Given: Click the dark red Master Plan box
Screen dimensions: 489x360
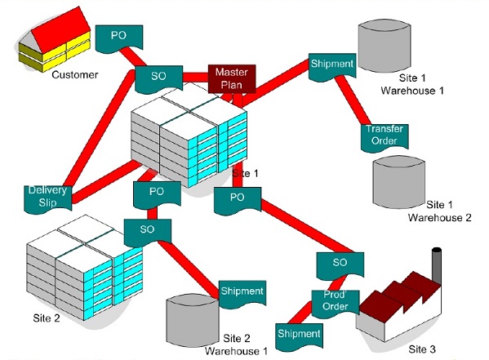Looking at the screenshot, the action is (232, 78).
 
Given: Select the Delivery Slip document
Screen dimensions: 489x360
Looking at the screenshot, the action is (48, 199).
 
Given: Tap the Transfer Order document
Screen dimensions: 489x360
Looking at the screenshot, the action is (385, 138).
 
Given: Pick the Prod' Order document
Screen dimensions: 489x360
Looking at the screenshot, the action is (336, 304).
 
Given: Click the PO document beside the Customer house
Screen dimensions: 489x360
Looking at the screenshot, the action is (119, 38).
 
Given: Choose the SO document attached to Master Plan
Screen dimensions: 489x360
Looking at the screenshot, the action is (158, 79).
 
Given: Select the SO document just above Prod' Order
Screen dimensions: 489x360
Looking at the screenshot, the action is (340, 265).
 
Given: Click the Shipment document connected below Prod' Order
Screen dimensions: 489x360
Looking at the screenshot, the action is (299, 337).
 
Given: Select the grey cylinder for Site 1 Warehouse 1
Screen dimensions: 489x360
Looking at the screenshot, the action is (385, 46).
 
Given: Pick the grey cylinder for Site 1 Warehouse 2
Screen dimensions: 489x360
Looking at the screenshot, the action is (399, 182).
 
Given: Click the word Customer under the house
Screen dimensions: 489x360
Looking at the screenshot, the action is (75, 75).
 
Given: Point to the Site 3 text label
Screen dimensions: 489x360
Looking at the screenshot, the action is (422, 349).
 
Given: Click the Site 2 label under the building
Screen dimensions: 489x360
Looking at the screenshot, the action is (47, 318).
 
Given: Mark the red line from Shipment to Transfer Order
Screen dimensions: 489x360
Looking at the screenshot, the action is (353, 100).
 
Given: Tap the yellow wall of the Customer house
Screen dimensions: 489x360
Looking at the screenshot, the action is (55, 55).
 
